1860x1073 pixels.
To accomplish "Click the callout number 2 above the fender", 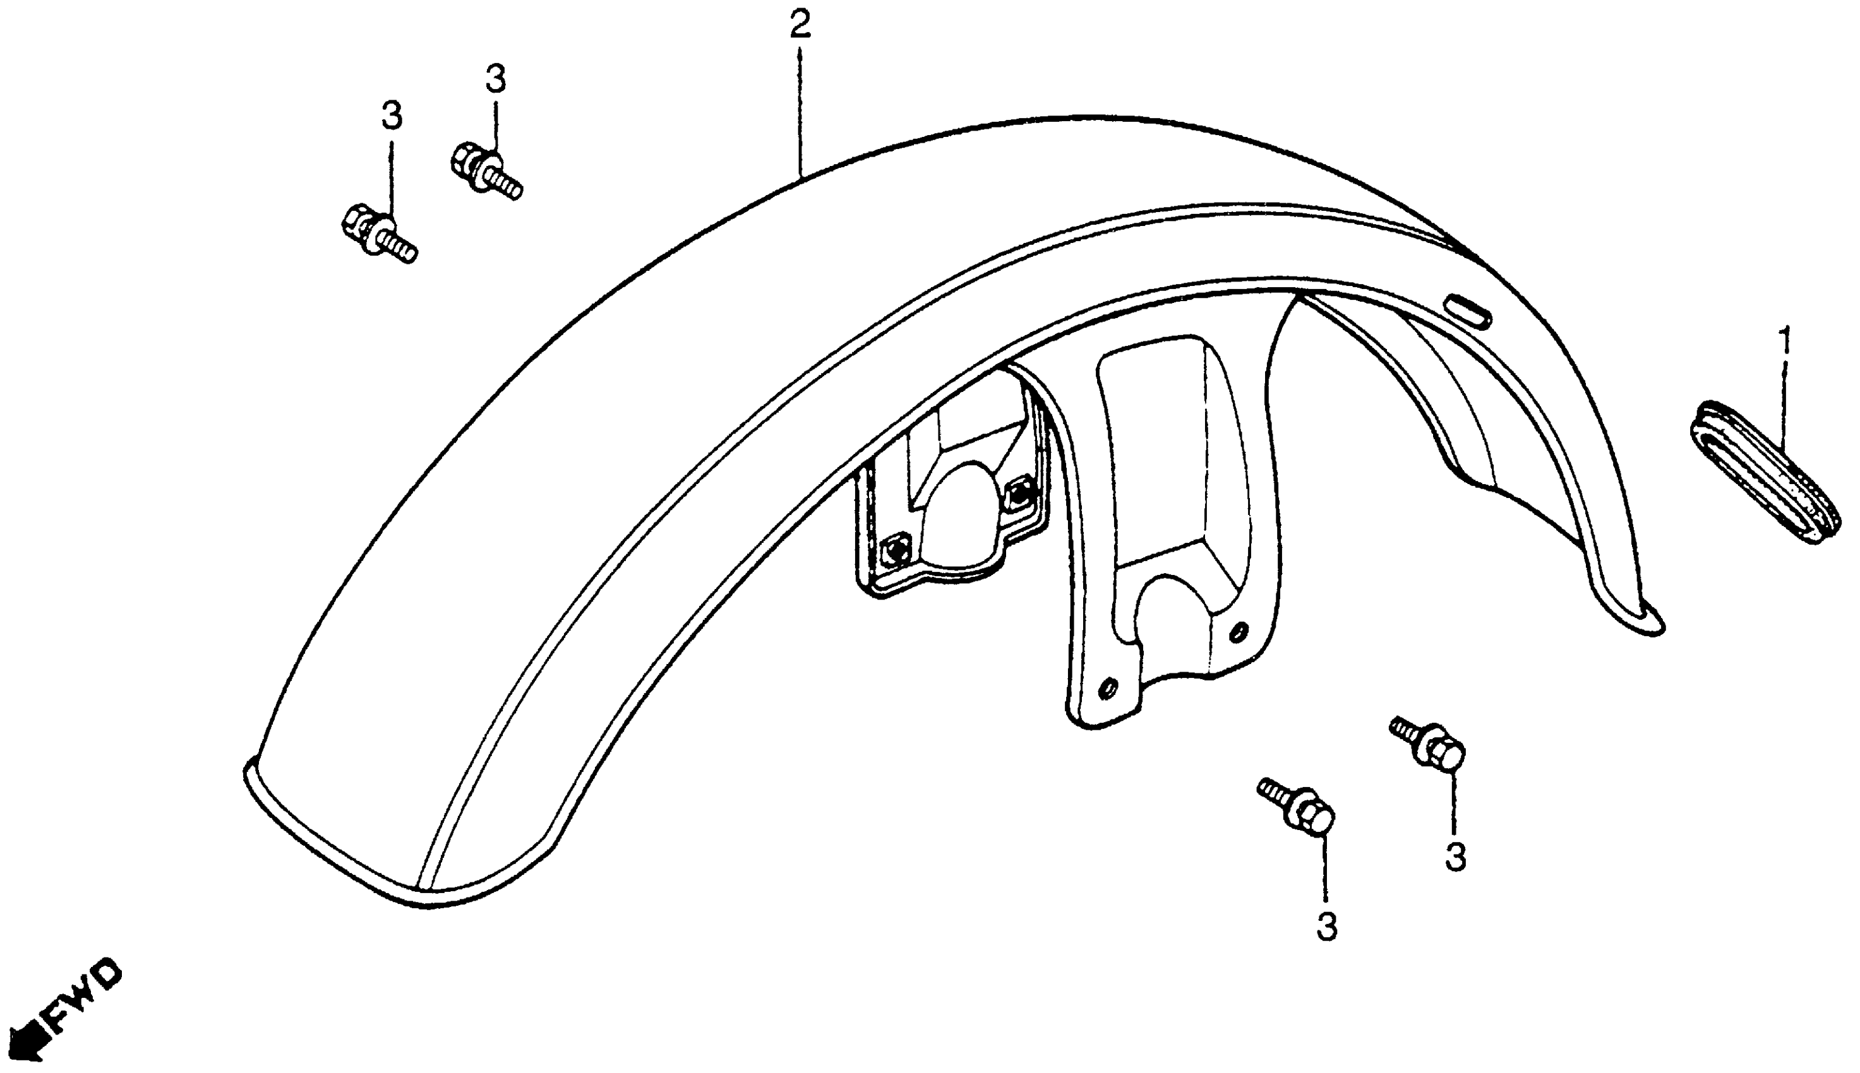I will click(x=800, y=26).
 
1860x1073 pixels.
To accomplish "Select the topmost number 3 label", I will click(x=495, y=78).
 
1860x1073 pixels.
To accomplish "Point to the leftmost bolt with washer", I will click(x=380, y=234).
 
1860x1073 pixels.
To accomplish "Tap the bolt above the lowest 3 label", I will click(x=1297, y=809).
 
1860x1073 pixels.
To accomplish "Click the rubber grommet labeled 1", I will click(x=1763, y=482).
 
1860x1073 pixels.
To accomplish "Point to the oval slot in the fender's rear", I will click(x=1468, y=311).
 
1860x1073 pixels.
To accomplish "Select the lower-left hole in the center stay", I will click(x=1107, y=689).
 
